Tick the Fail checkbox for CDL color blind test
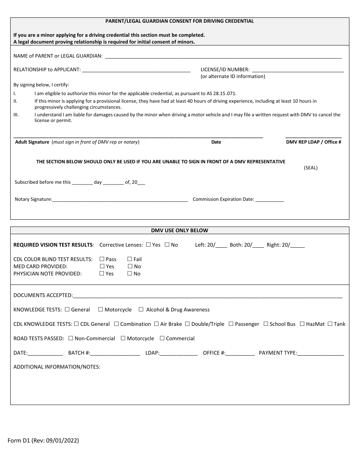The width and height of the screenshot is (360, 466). (x=130, y=259)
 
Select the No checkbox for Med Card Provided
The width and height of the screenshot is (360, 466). (x=130, y=266)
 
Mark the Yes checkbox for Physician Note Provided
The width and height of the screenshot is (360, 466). (x=102, y=274)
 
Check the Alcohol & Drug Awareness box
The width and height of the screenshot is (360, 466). (x=141, y=310)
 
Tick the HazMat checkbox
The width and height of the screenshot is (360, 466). (x=302, y=324)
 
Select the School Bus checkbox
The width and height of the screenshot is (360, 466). (x=266, y=324)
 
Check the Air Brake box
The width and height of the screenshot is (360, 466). (x=156, y=324)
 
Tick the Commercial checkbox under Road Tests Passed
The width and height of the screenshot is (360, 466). (x=162, y=338)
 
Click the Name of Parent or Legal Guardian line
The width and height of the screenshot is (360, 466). (x=223, y=56)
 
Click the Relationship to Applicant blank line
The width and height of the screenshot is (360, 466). (x=136, y=70)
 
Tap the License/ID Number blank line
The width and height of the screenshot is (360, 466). (x=297, y=70)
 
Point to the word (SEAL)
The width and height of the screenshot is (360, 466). (x=311, y=168)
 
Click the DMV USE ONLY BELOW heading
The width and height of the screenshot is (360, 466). (x=180, y=230)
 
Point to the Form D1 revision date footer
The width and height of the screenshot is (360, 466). (x=44, y=441)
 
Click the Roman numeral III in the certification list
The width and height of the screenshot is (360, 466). (x=16, y=115)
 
